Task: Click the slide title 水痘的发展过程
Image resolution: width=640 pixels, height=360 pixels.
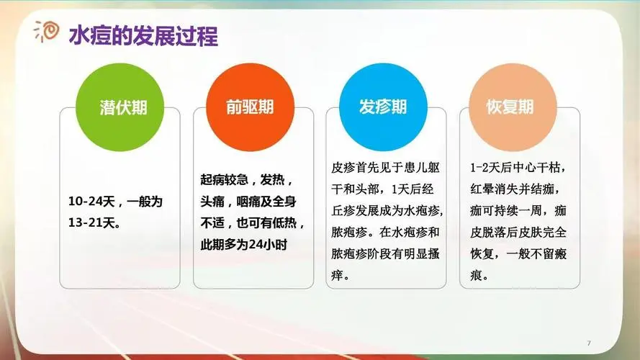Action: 143,35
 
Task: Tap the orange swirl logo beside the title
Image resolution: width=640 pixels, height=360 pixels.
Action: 48,32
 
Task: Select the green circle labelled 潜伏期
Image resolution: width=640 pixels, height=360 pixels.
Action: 123,108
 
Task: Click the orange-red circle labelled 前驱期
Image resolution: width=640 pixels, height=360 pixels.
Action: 250,108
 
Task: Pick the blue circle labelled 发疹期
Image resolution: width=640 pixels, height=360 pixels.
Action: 383,108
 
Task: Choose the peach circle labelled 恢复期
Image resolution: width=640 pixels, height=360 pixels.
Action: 510,108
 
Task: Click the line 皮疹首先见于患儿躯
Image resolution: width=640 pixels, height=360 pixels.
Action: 387,168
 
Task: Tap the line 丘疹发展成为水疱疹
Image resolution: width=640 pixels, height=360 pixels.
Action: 387,212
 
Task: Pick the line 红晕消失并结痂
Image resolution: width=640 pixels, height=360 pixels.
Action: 513,190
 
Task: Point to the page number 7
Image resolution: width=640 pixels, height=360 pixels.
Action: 589,342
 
